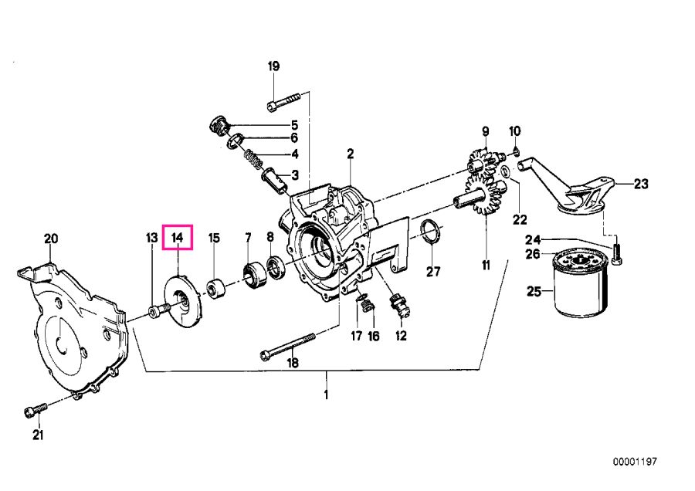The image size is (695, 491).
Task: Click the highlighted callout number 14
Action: click(x=178, y=237)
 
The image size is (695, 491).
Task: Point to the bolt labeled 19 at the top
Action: click(x=285, y=100)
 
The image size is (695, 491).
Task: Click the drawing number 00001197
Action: click(x=635, y=462)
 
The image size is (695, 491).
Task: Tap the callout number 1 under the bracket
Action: click(x=326, y=395)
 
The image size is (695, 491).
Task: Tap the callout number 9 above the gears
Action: click(x=486, y=130)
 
